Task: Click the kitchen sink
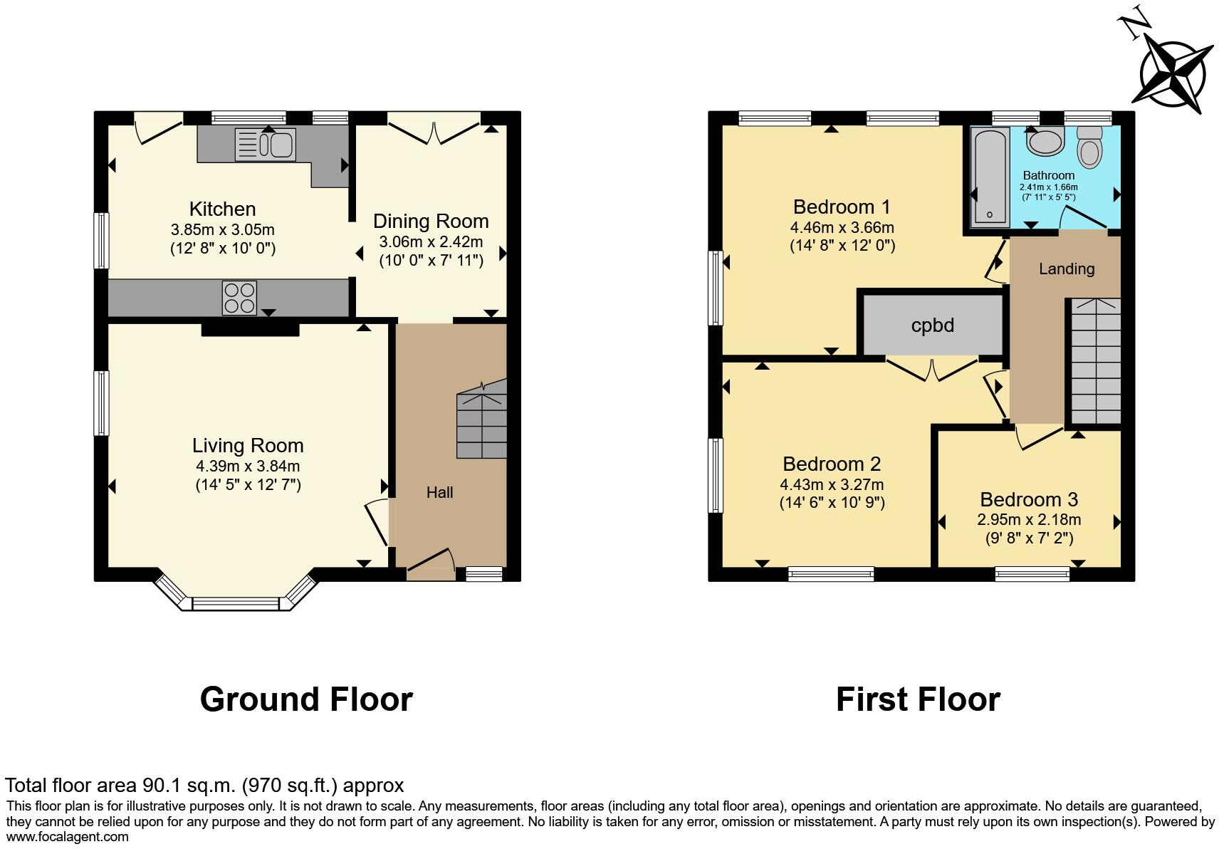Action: click(x=265, y=145)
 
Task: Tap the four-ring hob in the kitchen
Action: click(x=239, y=298)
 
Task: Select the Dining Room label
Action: click(x=431, y=221)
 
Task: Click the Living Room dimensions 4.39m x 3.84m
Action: click(x=248, y=467)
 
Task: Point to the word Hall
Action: click(x=439, y=492)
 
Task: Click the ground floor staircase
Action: click(x=482, y=422)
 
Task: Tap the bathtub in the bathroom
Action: click(x=990, y=175)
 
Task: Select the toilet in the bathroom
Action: click(x=1089, y=147)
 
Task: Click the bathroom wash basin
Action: click(x=1045, y=141)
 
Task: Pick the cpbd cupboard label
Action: click(x=932, y=325)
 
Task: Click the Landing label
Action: click(x=1066, y=269)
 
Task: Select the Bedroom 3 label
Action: click(x=1029, y=499)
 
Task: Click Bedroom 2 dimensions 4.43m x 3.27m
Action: click(x=832, y=484)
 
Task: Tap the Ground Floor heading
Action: click(x=306, y=699)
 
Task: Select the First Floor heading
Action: click(x=918, y=699)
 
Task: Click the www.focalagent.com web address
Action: click(x=67, y=837)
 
